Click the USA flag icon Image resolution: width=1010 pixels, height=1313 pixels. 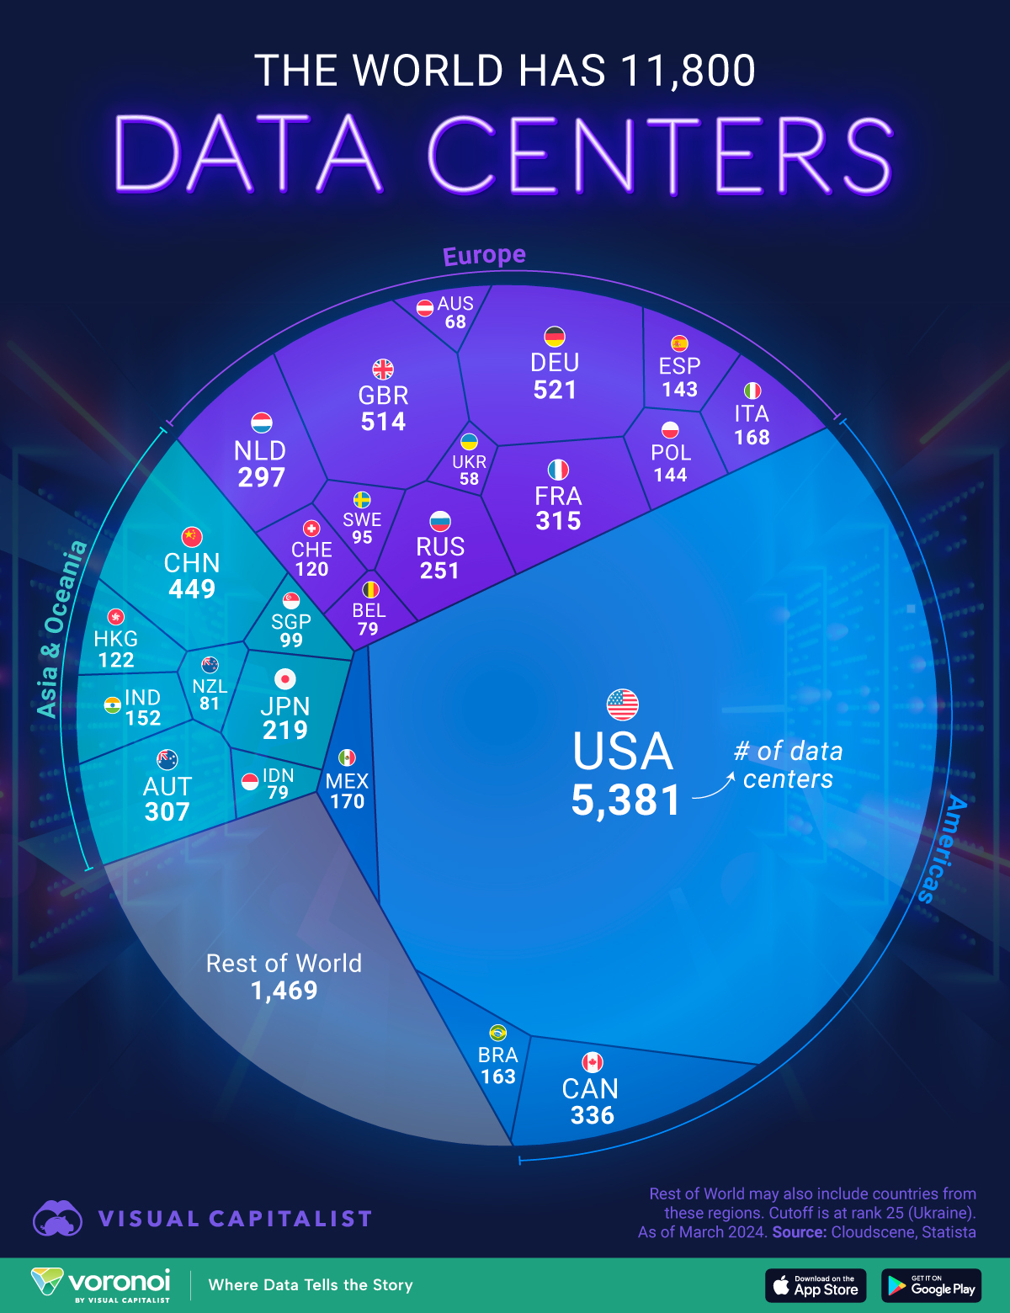point(623,704)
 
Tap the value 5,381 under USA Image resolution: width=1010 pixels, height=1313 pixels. point(625,800)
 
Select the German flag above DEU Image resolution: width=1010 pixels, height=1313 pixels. point(555,337)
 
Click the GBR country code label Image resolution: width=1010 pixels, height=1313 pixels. point(383,395)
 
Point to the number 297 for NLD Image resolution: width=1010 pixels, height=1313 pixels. point(261,477)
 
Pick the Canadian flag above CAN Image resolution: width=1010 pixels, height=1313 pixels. point(593,1062)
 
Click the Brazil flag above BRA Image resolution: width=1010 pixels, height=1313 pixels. point(497,1033)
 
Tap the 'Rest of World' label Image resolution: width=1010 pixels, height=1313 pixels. point(284,964)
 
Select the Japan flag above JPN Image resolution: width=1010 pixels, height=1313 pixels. point(285,678)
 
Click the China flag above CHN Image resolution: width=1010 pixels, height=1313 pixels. point(192,537)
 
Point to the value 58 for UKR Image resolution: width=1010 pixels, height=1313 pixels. point(469,479)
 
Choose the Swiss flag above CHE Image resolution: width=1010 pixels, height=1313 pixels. point(311,529)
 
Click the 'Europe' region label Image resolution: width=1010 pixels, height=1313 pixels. point(484,255)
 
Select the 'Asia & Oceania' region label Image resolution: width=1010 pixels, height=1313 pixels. point(61,629)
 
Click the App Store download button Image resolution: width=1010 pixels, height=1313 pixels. point(816,1285)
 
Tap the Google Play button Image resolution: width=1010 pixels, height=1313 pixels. point(931,1285)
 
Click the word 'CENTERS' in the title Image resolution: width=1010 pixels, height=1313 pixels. point(660,156)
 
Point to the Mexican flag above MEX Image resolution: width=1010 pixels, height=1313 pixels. point(347,757)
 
